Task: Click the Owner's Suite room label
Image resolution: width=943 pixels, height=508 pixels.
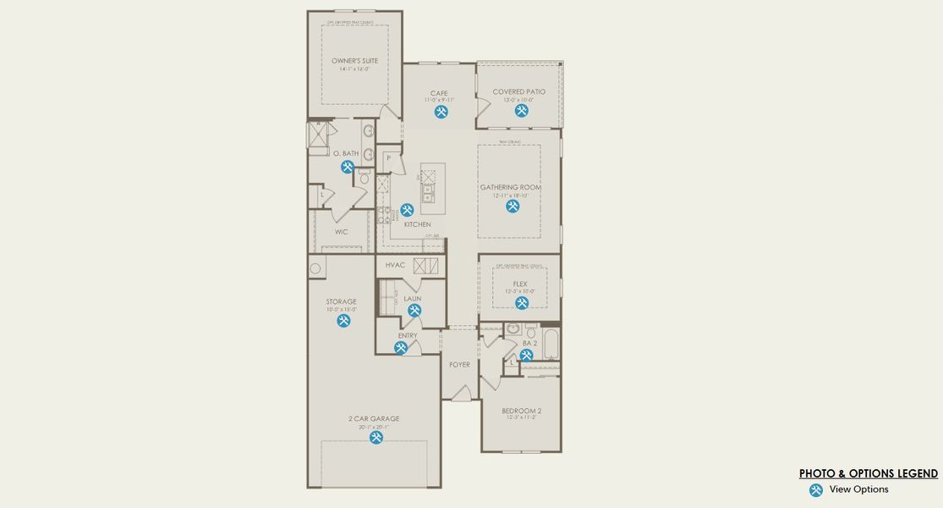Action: coord(354,61)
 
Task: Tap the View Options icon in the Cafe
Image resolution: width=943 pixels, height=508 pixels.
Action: coord(441,111)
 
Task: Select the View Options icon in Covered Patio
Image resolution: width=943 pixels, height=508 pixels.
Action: coord(521,110)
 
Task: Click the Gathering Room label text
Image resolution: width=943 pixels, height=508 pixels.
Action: coord(511,187)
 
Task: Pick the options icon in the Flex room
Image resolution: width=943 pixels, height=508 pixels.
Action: coord(522,303)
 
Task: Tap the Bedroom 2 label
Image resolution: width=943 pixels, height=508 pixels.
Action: coord(521,411)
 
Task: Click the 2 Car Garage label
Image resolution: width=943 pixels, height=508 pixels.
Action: coord(373,418)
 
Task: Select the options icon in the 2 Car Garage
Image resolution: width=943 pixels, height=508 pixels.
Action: coord(376,438)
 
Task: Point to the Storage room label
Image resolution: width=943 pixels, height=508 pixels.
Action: coord(342,301)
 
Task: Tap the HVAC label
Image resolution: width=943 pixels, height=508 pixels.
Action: coord(395,265)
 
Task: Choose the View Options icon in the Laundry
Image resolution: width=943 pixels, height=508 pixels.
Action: coord(414,311)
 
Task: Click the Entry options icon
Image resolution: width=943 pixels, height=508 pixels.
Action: coord(401,347)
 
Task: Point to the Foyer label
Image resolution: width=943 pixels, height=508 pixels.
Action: coord(459,365)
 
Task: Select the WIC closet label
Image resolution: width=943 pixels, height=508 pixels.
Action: coord(341,231)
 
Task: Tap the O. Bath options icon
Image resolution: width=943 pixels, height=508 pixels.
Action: coord(348,167)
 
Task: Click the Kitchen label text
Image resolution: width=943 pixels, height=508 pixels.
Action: coord(417,224)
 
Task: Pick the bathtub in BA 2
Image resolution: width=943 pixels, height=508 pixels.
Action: coord(550,344)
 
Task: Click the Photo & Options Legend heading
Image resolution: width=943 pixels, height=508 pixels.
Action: coord(869,474)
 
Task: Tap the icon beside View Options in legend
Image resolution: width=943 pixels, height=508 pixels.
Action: coord(815,490)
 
